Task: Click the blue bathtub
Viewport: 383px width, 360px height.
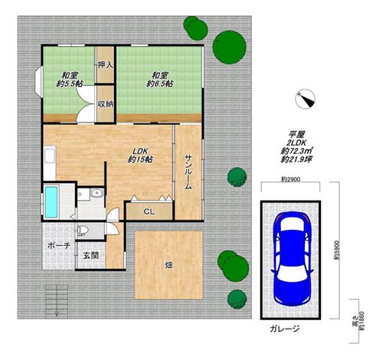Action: pos(51,202)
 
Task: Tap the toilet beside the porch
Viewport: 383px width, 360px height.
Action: pos(83,230)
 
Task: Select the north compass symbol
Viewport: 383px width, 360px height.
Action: pos(305,99)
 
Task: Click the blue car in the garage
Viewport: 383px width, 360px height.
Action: pos(291,259)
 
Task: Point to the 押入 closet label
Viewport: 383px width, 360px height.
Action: pos(106,65)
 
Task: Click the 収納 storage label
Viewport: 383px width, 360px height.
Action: pos(106,104)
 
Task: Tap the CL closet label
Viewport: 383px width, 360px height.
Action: pos(149,211)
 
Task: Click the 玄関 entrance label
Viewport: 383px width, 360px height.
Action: pos(91,256)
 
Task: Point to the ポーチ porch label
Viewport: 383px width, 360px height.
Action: pos(59,246)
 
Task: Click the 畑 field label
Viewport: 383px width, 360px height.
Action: pos(169,265)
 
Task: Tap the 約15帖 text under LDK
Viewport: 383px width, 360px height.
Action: pos(140,159)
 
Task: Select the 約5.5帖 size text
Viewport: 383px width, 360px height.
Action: pos(69,83)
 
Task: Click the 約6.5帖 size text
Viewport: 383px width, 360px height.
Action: pos(160,83)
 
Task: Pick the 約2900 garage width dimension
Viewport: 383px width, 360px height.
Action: pos(291,179)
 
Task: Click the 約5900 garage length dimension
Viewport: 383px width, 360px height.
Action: pos(337,250)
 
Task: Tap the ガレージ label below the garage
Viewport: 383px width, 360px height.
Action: pos(285,329)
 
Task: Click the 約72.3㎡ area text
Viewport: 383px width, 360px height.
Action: pos(297,151)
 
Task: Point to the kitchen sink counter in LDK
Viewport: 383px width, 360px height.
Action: pos(50,163)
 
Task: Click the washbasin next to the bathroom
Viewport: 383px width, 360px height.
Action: pos(97,193)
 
